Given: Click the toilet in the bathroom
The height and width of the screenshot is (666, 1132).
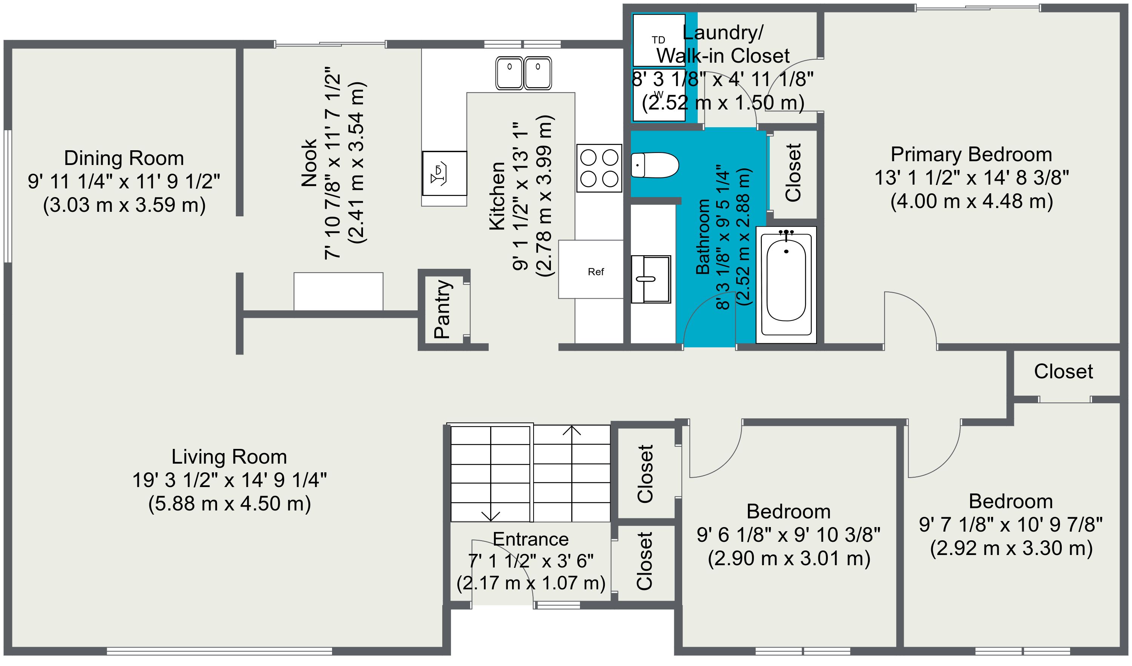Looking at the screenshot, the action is (655, 165).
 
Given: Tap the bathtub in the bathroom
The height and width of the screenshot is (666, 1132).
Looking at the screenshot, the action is (786, 285).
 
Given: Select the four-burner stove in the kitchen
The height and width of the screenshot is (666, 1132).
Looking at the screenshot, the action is (599, 168).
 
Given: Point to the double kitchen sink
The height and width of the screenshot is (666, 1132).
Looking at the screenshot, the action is (523, 73).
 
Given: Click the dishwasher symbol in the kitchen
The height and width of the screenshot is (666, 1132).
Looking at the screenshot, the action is (444, 173).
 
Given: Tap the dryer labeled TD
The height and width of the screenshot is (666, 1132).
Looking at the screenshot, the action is (659, 40).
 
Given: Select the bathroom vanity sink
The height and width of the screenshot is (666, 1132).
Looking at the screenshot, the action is (651, 279).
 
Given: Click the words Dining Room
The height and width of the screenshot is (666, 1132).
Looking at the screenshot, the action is (124, 158).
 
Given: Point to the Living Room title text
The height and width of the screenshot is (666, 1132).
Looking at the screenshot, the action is (229, 457).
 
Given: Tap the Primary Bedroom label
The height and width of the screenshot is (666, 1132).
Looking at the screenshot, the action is (971, 154).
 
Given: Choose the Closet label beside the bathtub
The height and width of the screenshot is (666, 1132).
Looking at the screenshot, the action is (793, 173).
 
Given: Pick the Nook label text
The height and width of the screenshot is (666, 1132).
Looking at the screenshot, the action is (309, 163).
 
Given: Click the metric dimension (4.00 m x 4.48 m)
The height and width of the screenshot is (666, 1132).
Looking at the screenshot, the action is (972, 201).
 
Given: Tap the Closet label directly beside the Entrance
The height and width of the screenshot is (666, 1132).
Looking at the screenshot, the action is (644, 561).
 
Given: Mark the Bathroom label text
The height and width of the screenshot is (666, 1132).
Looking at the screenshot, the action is (703, 236).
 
